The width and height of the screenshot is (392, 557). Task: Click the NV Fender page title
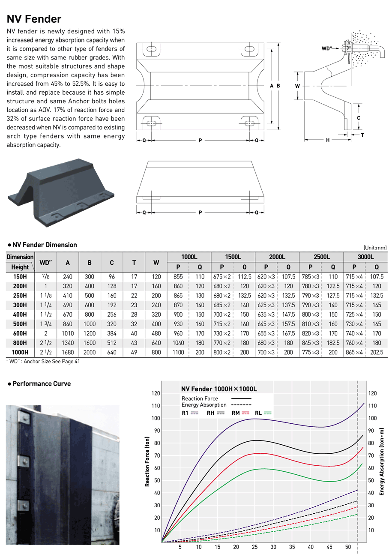point(34,19)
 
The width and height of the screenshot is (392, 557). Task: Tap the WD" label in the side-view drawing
point(327,48)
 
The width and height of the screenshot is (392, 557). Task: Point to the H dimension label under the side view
point(328,140)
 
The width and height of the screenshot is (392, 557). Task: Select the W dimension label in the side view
point(297,86)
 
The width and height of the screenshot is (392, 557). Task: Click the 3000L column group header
point(365,257)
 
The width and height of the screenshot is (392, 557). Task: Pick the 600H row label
point(20,333)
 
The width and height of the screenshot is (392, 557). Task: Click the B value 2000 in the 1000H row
point(90,352)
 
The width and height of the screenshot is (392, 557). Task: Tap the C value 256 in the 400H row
point(112,314)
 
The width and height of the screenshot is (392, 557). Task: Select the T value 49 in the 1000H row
point(134,352)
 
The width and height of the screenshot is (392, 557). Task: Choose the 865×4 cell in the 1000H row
point(354,352)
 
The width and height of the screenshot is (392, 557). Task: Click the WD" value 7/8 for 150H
point(46,276)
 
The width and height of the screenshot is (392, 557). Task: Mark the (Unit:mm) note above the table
point(375,248)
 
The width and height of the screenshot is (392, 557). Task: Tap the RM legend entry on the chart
point(240,413)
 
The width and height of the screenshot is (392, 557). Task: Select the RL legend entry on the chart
point(263,413)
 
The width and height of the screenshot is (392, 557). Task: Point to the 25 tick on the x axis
point(254,547)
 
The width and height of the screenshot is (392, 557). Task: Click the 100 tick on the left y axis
point(156,418)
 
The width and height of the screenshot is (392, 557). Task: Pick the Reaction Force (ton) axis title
point(147,461)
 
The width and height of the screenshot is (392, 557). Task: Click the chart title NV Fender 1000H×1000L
point(219,389)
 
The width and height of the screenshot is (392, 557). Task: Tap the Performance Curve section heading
point(39,383)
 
